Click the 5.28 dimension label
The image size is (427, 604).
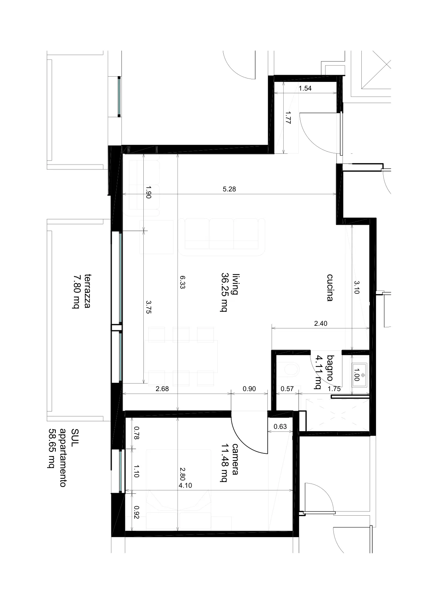[229, 189]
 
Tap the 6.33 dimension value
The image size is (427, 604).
[183, 282]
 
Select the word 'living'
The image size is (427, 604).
[235, 284]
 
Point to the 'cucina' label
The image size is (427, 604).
[330, 287]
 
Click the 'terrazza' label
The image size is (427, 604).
[87, 291]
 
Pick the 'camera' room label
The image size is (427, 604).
[235, 459]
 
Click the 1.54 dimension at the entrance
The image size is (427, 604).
[305, 88]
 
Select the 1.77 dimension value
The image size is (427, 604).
[288, 117]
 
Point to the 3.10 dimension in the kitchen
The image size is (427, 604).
[357, 287]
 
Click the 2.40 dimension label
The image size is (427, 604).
[321, 323]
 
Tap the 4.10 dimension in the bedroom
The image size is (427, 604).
[185, 485]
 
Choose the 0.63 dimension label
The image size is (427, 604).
[280, 426]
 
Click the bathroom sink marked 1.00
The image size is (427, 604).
[359, 375]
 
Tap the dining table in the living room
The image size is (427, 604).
[181, 356]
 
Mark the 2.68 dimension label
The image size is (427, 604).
[162, 388]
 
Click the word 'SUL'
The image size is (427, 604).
[75, 435]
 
